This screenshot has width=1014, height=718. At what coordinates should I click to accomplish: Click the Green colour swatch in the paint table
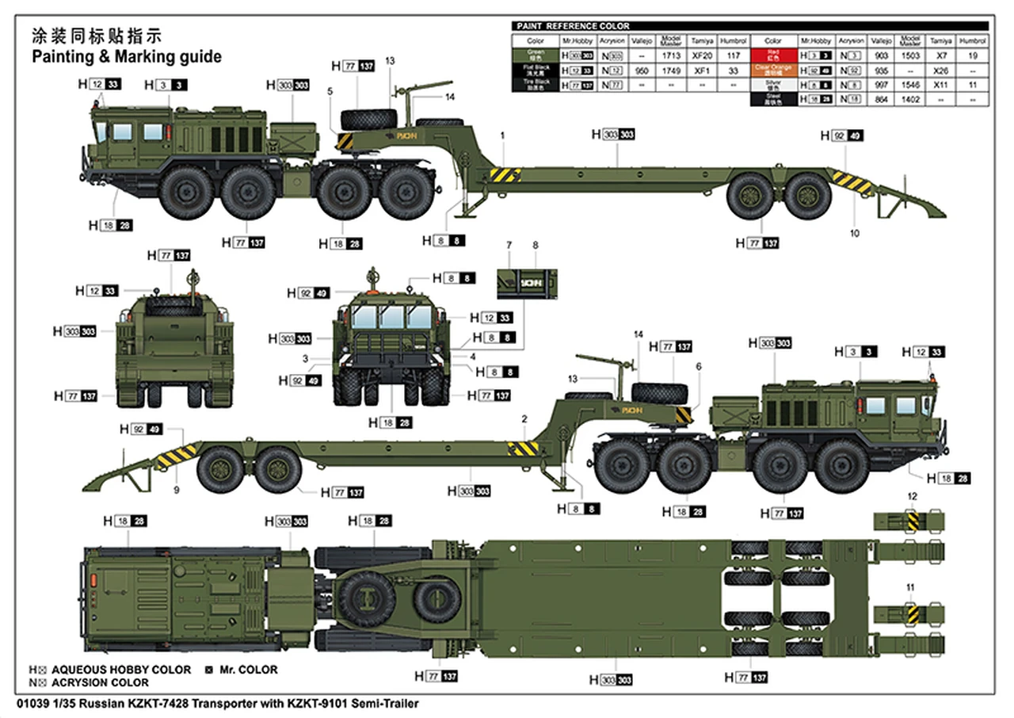(x=535, y=55)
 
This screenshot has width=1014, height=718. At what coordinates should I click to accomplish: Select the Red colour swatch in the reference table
(x=773, y=55)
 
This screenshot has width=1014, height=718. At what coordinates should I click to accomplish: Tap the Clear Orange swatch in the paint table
(x=773, y=70)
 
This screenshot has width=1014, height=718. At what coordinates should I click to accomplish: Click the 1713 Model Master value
(x=671, y=56)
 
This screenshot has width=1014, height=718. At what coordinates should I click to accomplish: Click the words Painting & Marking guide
(x=126, y=57)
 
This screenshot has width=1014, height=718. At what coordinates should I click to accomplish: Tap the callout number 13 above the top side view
(x=390, y=61)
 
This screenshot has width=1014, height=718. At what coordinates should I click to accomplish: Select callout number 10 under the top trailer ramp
(x=854, y=234)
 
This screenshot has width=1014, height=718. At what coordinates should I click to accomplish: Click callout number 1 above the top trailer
(x=502, y=136)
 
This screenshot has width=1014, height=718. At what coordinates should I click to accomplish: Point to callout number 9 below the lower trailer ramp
(x=177, y=490)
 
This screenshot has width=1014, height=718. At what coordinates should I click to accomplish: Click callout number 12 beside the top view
(x=912, y=496)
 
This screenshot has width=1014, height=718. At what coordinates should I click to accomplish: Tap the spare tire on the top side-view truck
(x=368, y=119)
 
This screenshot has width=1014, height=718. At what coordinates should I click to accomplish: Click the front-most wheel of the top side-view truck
(x=186, y=193)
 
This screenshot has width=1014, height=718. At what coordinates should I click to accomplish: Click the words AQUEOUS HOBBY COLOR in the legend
(x=120, y=670)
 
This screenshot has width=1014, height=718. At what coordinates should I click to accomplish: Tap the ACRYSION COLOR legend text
(x=99, y=682)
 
